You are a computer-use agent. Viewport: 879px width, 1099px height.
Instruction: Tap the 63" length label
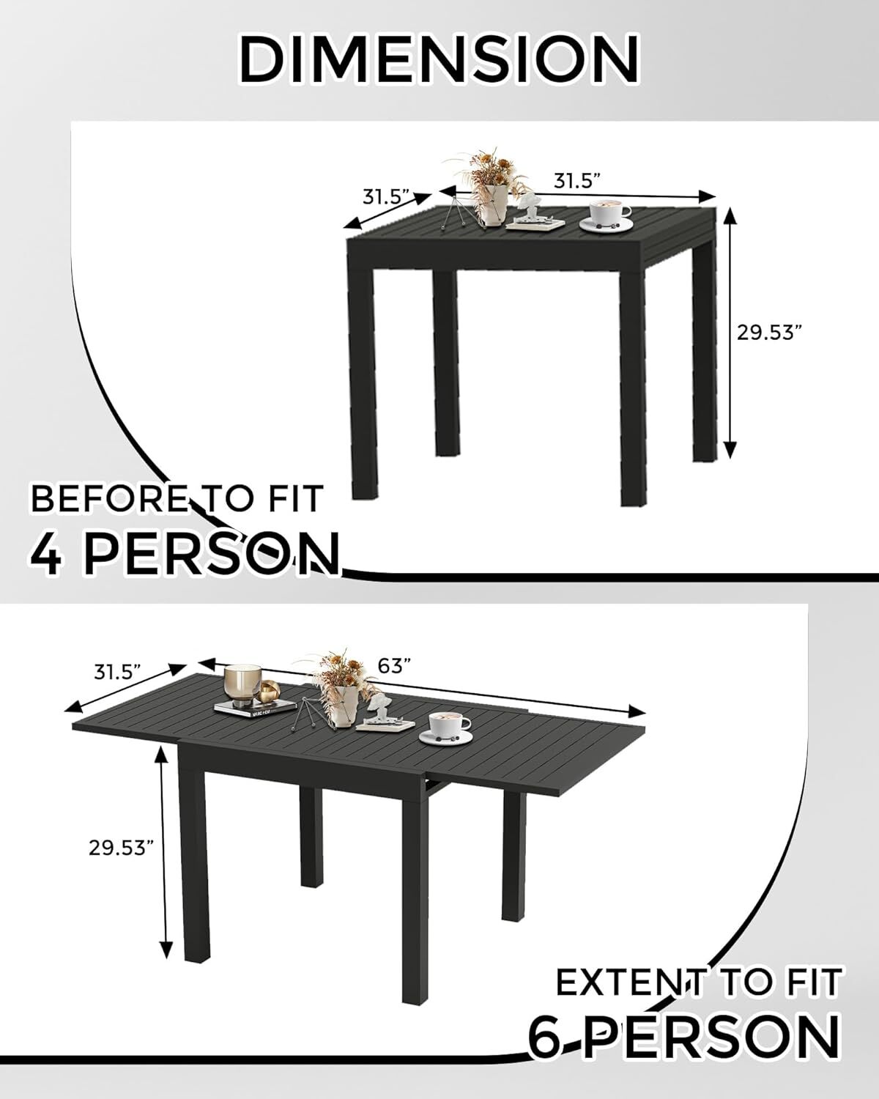coord(394,665)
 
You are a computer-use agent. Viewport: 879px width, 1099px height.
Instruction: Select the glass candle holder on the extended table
coord(242,684)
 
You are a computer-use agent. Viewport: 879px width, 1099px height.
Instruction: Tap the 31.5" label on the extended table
coord(118,671)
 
